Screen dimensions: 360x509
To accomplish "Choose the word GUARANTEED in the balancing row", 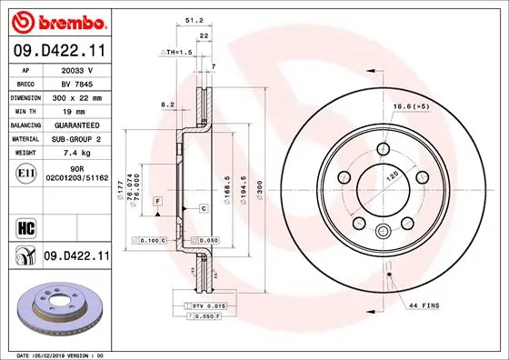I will [x=77, y=124].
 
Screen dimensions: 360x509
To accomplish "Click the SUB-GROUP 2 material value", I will [x=77, y=138].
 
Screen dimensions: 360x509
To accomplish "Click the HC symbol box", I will [x=24, y=227].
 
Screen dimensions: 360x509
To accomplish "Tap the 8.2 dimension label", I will [x=167, y=105].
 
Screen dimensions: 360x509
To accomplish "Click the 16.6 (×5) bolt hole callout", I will [x=409, y=106].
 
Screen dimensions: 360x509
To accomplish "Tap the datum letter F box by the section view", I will [x=156, y=200].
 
